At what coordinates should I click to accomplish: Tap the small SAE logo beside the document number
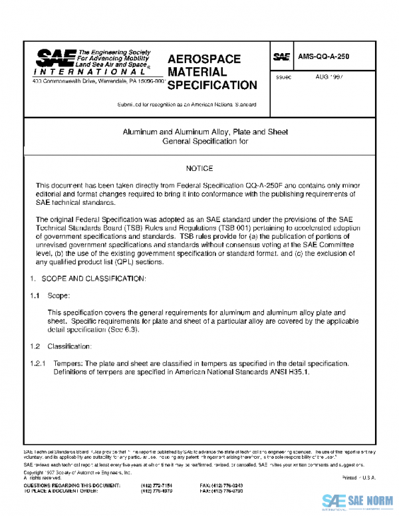281,58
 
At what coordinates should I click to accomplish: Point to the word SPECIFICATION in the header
212,85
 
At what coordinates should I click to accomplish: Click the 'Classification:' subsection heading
70,346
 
